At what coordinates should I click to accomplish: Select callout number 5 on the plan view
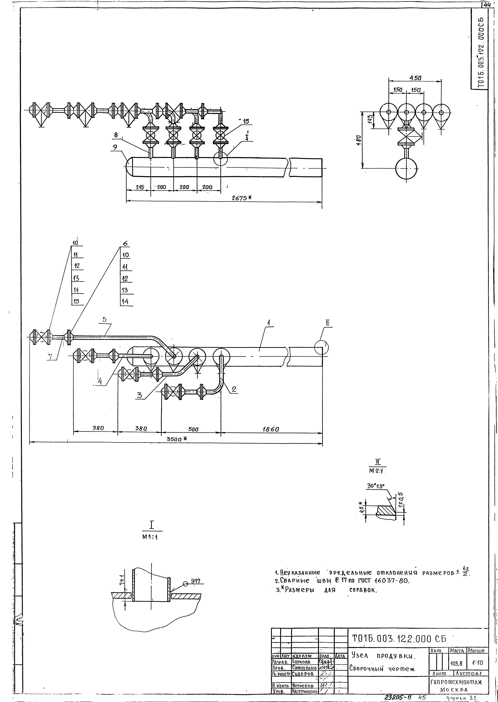105,319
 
